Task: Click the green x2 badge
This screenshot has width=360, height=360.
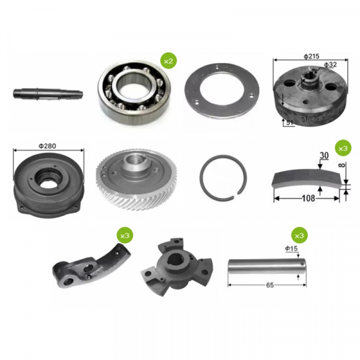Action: coord(169,61)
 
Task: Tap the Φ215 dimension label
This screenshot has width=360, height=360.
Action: coord(311,56)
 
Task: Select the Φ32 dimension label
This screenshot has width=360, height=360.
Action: coord(331,65)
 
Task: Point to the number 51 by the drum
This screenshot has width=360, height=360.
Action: coord(290,122)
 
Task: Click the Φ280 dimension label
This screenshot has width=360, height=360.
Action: coord(47,146)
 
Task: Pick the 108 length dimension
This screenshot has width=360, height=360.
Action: coord(308,198)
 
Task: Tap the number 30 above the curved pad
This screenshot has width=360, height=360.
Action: coord(324,155)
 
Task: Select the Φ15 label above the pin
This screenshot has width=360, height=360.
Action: coord(292,248)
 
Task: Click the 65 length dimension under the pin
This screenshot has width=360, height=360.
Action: coord(270,285)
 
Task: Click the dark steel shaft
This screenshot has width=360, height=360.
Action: coord(48,94)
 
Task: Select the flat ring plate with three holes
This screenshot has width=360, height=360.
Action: coord(222,91)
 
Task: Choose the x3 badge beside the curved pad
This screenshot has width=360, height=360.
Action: coord(343,148)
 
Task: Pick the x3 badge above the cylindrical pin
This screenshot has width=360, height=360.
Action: coord(299,236)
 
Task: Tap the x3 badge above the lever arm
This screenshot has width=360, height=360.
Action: coord(125,236)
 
